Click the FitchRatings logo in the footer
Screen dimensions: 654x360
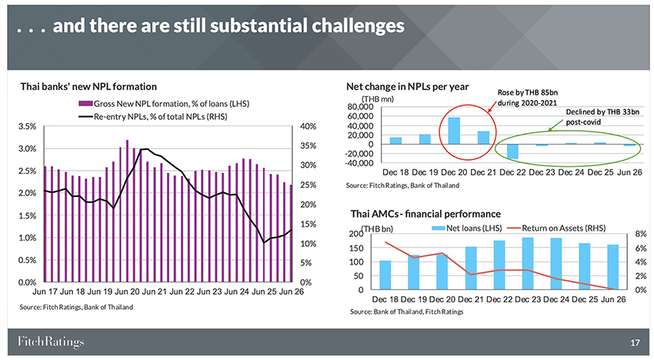tap(51, 342)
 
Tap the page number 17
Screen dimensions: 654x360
tap(635, 343)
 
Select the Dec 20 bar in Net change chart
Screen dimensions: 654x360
tap(454, 131)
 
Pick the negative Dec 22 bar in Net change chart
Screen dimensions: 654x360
tap(512, 152)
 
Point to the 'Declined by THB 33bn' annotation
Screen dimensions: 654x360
tap(602, 112)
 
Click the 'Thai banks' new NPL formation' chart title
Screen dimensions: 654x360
tap(88, 87)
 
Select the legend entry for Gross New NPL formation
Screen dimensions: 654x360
tap(164, 104)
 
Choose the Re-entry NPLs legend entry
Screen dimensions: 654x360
tap(153, 117)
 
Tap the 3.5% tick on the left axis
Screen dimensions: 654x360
tap(28, 126)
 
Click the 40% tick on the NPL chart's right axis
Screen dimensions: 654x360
tap(309, 126)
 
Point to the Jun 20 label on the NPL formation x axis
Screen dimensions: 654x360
tap(128, 292)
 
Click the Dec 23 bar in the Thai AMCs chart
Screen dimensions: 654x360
tap(528, 263)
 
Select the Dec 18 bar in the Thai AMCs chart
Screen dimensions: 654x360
tap(385, 275)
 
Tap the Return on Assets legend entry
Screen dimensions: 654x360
tap(556, 228)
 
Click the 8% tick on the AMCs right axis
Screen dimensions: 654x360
tap(641, 234)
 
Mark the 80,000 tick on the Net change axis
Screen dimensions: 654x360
tap(360, 107)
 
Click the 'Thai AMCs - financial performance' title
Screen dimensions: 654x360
tap(425, 214)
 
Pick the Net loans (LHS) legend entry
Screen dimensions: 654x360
tap(467, 228)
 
